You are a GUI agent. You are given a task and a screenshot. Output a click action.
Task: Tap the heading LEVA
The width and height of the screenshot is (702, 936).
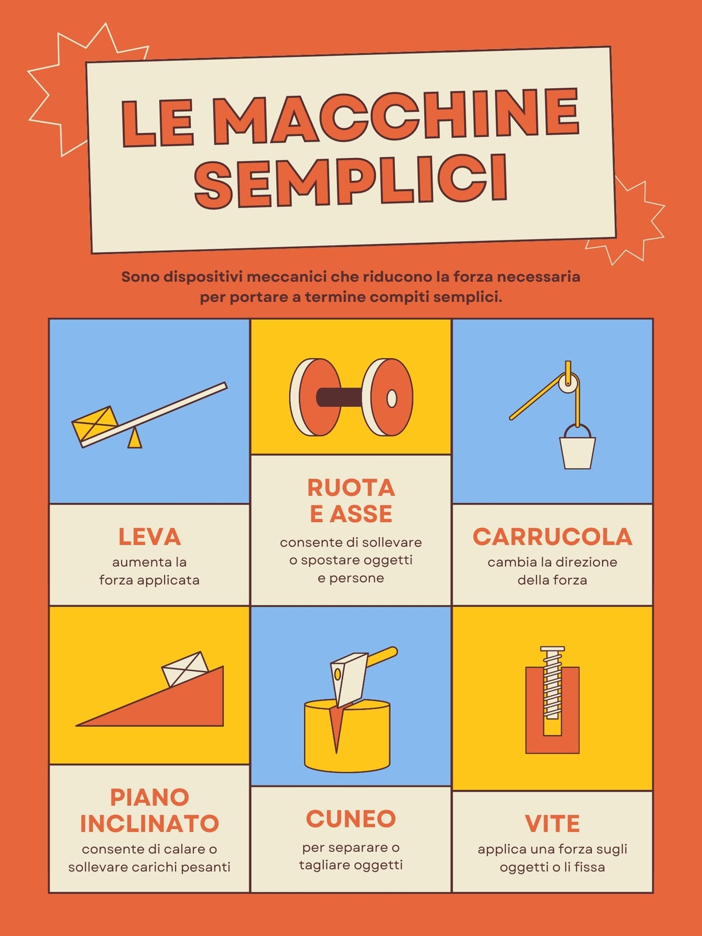pos(149,537)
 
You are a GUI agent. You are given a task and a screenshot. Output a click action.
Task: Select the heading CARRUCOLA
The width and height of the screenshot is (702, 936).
pos(552,537)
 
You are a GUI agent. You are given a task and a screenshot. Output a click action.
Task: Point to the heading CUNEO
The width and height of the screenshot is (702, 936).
pos(351,818)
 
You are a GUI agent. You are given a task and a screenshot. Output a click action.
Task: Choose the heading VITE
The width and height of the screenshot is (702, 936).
pos(552,824)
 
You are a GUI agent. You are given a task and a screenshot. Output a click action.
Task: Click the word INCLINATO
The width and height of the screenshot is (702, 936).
pos(149,824)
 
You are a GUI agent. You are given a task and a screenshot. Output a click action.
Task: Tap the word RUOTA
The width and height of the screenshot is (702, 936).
pos(351,488)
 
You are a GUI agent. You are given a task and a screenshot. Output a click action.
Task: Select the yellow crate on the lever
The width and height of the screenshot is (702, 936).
pos(95,424)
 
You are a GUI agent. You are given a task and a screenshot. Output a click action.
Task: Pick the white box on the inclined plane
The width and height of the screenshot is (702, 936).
pos(185,669)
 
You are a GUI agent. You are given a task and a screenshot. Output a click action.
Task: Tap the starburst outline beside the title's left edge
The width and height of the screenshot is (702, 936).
pos(64,90)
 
